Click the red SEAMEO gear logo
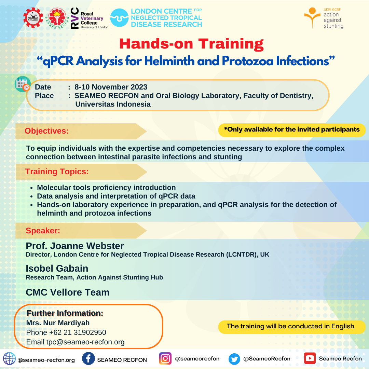[33, 18]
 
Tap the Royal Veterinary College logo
[90, 18]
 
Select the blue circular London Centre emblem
[119, 18]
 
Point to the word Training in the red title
[231, 44]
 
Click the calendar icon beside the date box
[23, 84]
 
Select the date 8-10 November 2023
[111, 87]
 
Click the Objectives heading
[46, 131]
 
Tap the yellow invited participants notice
[292, 130]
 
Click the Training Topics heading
[57, 172]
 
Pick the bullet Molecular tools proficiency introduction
[106, 188]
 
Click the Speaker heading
[43, 231]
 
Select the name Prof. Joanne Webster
[75, 246]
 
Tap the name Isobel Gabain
[57, 269]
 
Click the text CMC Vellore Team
[68, 292]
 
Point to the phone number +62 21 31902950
[78, 332]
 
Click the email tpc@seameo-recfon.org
[85, 342]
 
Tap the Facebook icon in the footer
[88, 359]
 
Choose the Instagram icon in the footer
[165, 359]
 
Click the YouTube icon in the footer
[310, 358]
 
